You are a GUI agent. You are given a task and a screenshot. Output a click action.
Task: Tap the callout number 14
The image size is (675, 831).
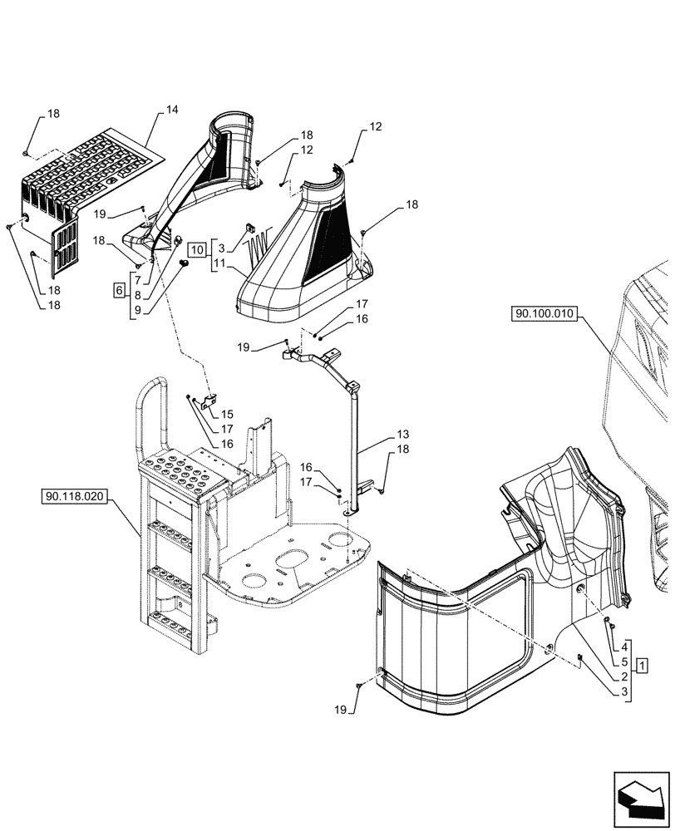[x=172, y=110]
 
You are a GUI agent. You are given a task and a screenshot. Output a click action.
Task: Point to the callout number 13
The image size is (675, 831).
[x=402, y=435]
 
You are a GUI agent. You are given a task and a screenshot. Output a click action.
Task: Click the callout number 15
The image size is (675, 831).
[x=227, y=415]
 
